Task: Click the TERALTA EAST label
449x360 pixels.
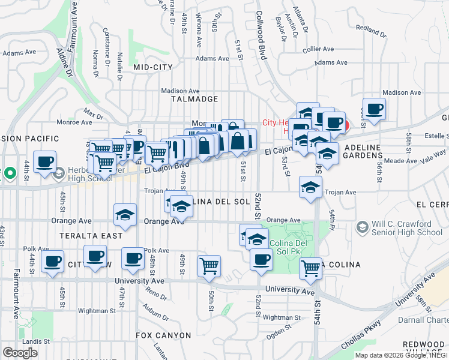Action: click(87, 236)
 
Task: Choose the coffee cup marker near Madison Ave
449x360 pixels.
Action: click(375, 109)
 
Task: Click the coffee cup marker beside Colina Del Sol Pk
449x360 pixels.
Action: click(261, 259)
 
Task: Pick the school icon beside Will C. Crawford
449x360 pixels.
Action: click(362, 227)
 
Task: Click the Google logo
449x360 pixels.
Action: click(20, 353)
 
